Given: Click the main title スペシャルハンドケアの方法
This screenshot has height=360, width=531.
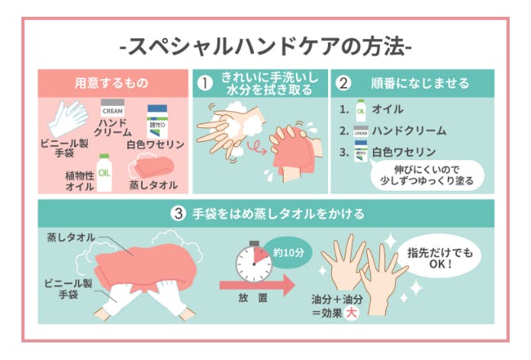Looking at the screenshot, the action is (x=265, y=47).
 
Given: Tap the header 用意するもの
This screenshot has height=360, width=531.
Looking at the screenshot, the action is (x=111, y=83).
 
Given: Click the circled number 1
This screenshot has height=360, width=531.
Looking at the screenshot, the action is (x=205, y=83).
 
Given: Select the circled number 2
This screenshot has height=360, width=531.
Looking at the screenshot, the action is (x=343, y=83).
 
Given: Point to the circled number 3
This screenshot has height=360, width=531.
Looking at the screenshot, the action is (x=178, y=214).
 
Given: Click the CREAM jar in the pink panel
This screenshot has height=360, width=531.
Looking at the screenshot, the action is (x=112, y=108).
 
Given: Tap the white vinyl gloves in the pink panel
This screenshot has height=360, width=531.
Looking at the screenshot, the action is (x=68, y=118).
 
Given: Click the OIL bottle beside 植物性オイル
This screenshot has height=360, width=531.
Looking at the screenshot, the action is (x=104, y=172).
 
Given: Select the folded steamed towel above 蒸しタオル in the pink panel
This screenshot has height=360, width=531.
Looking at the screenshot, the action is (x=154, y=167).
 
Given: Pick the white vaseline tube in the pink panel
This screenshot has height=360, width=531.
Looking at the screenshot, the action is (x=157, y=121).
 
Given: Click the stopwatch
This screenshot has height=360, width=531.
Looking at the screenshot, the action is (x=254, y=262).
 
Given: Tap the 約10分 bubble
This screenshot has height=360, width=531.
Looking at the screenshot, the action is (x=288, y=252).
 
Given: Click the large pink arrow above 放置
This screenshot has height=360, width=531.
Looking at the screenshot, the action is (x=257, y=285).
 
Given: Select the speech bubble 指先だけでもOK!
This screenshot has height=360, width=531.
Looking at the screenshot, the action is (x=439, y=257).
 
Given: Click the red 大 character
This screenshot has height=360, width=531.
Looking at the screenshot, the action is (x=351, y=313).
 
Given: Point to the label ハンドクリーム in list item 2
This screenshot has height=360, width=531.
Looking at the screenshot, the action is (x=409, y=130).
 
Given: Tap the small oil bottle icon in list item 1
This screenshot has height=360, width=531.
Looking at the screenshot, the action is (x=361, y=111).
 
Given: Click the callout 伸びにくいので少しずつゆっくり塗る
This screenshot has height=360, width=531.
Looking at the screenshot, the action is (x=426, y=175).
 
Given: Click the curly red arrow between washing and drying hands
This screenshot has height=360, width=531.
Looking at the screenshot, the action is (x=256, y=148).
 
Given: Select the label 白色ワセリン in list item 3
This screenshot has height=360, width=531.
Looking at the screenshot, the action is (x=404, y=153).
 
